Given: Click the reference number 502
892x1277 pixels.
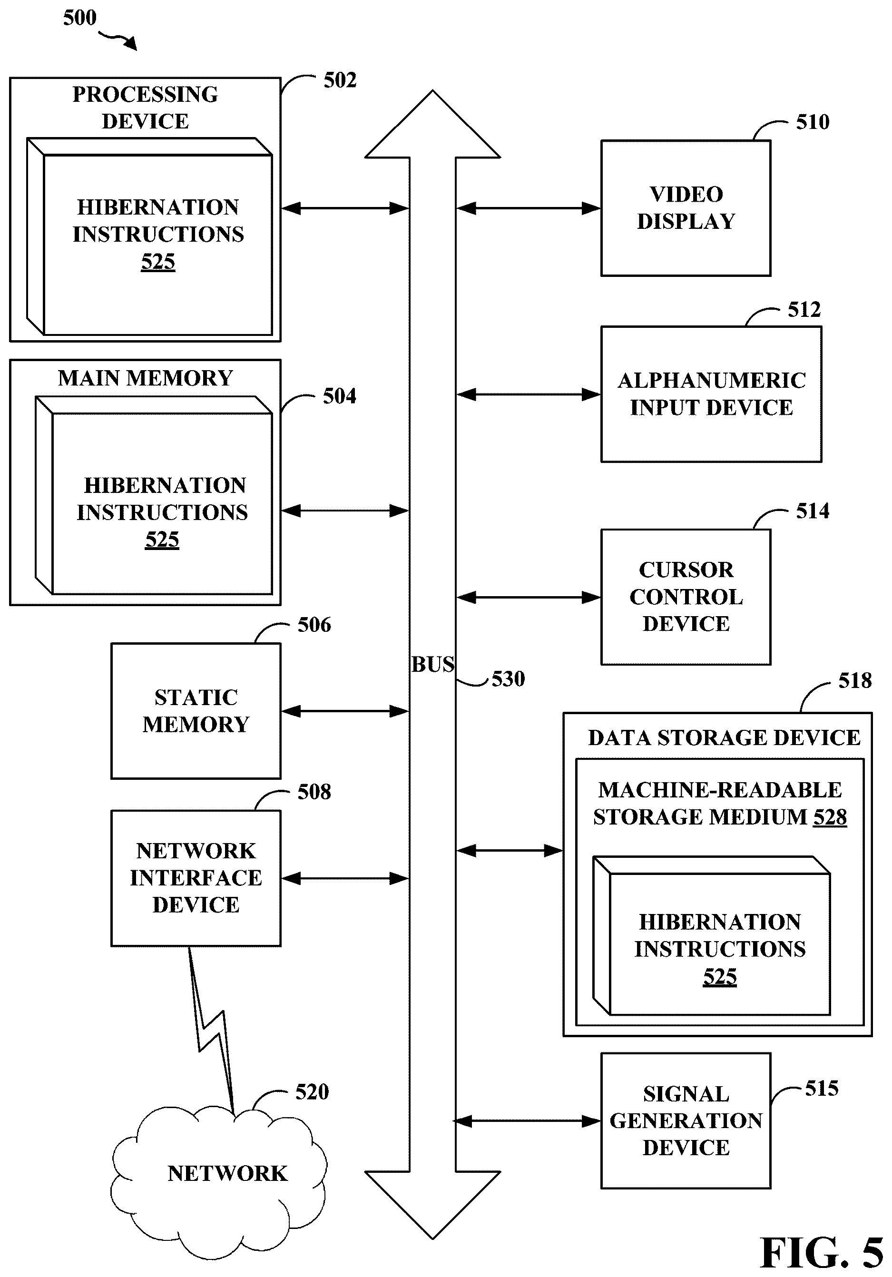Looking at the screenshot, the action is (340, 81).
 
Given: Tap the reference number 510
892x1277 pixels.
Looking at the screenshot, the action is (813, 122).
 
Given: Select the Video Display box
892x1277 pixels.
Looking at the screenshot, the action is (686, 208).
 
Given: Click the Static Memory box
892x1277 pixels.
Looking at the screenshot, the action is (196, 711).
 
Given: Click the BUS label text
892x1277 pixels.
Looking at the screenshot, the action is (432, 664).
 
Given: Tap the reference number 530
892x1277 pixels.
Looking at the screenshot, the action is (508, 679).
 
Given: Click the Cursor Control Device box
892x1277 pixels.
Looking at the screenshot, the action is (686, 597).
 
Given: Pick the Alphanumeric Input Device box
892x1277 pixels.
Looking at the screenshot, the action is (711, 394).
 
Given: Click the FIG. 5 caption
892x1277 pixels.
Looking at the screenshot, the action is (822, 1253).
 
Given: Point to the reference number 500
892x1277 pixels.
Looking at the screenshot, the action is (79, 18).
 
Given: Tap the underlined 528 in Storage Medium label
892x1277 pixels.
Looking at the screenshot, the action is (830, 817).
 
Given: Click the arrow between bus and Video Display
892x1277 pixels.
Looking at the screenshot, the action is (529, 208).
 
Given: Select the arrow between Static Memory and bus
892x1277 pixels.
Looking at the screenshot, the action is (345, 711).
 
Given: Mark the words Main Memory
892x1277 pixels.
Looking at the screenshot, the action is (145, 378).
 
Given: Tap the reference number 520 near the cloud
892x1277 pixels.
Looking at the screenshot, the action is (312, 1092).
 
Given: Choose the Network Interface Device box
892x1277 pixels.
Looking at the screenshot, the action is (196, 878).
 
